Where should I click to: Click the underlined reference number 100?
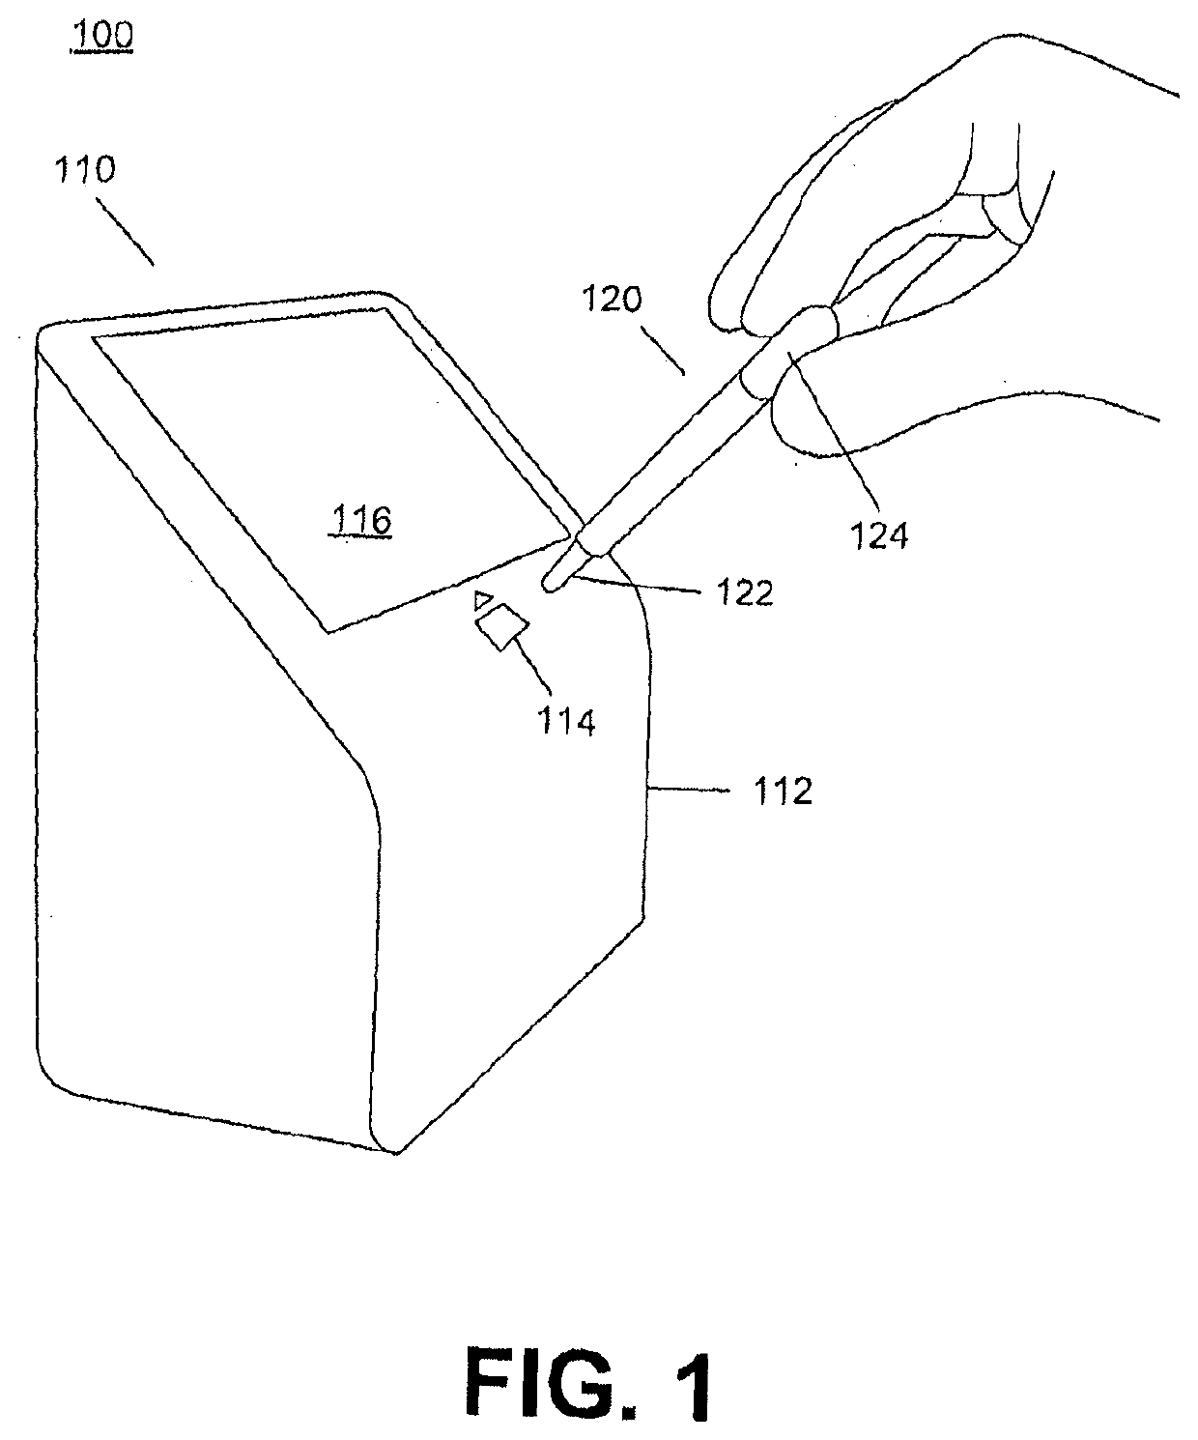tap(101, 36)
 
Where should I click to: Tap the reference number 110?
tap(85, 170)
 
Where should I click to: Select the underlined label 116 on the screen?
tap(361, 521)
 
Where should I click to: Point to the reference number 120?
tap(613, 300)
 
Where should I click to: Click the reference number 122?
tap(745, 592)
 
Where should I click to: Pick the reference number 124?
tap(878, 535)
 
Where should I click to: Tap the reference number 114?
tap(566, 722)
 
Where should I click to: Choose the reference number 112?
tap(783, 792)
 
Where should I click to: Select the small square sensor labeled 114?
tap(502, 627)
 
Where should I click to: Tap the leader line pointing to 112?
tap(688, 789)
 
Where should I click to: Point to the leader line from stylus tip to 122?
tap(634, 585)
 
